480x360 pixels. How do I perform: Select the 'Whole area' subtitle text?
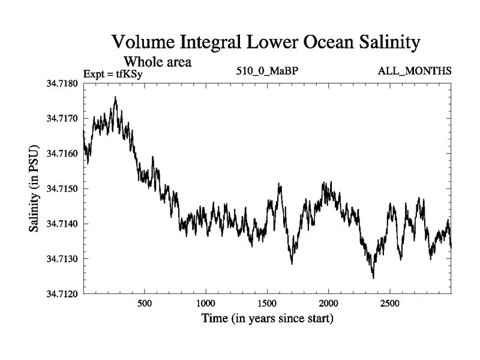(157, 62)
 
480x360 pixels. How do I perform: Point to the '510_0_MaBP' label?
(267, 71)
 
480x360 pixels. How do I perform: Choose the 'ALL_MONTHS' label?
(414, 71)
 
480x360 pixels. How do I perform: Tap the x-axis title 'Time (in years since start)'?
(267, 319)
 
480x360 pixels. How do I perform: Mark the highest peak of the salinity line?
(115, 97)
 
